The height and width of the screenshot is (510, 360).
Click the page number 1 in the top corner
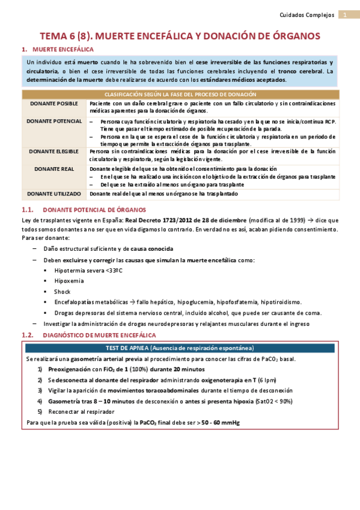pos(346,14)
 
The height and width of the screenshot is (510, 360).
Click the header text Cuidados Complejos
pos(308,14)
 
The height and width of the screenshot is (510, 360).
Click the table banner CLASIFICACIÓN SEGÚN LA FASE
pos(180,94)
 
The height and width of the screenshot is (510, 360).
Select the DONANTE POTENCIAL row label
pos(55,121)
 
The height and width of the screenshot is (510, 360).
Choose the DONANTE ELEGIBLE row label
pos(54,151)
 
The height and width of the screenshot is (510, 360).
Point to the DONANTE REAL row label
pos(54,169)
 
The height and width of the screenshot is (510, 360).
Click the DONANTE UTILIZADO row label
pos(54,194)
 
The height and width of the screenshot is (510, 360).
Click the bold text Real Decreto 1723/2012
pos(191,221)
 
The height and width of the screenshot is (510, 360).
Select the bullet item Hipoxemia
pos(70,281)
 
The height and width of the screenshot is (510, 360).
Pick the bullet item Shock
pos(63,292)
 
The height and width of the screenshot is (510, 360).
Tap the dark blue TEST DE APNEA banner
pos(180,348)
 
